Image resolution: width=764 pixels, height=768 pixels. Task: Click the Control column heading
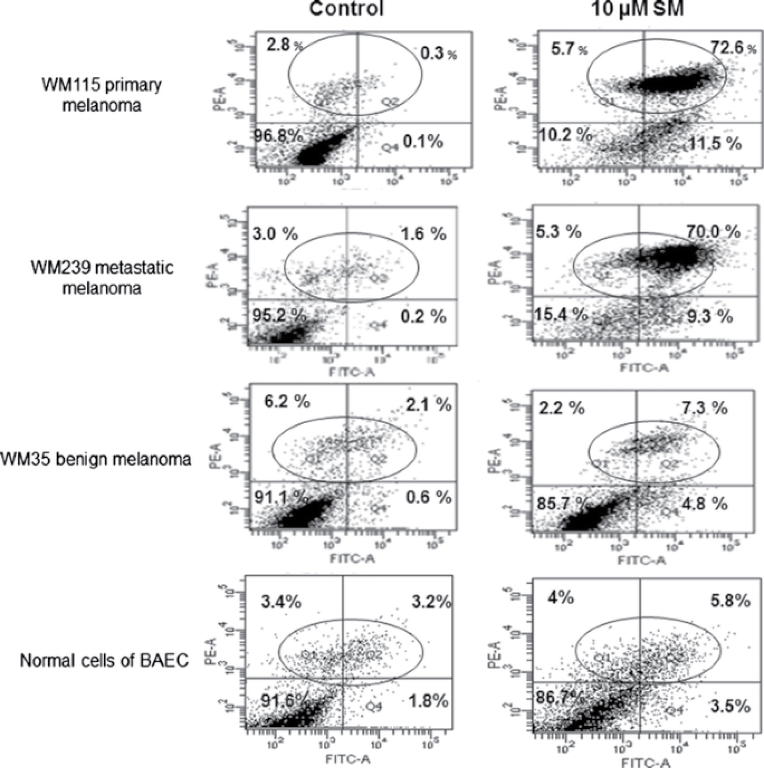pyautogui.click(x=346, y=9)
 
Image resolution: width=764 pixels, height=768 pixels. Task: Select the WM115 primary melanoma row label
pyautogui.click(x=101, y=95)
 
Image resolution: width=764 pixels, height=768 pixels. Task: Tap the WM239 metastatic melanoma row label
pyautogui.click(x=102, y=278)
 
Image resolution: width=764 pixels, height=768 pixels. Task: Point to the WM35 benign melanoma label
pyautogui.click(x=96, y=459)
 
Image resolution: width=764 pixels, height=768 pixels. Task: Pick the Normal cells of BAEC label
pyautogui.click(x=104, y=660)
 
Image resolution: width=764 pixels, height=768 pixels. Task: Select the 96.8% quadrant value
pyautogui.click(x=278, y=136)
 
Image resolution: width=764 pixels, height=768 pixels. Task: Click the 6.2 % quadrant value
pyautogui.click(x=287, y=402)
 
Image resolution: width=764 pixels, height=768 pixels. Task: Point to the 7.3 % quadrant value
pyautogui.click(x=704, y=407)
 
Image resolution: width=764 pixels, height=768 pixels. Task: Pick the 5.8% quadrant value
pyautogui.click(x=730, y=600)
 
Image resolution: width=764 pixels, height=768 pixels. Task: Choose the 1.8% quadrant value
pyautogui.click(x=428, y=701)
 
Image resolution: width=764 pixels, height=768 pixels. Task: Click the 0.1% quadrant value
pyautogui.click(x=423, y=141)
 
